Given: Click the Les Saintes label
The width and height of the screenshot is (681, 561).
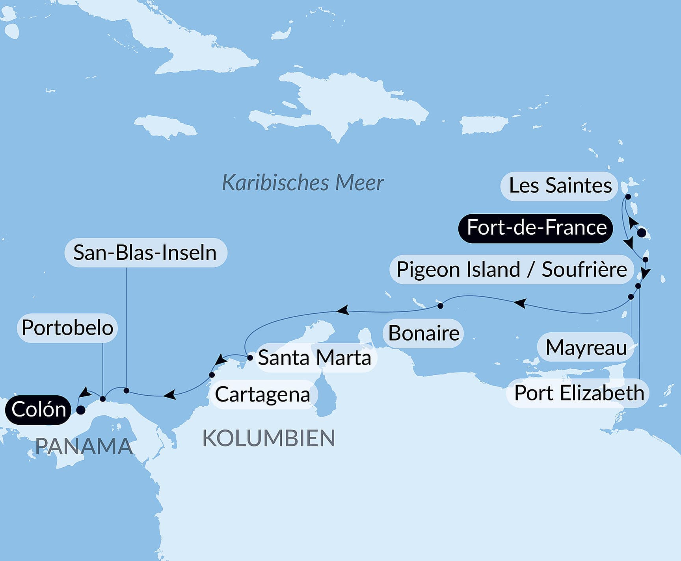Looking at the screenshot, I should [x=560, y=186].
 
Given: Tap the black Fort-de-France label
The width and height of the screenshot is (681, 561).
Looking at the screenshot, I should [x=536, y=228].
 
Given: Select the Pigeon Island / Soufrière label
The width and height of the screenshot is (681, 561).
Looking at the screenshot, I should [x=511, y=270].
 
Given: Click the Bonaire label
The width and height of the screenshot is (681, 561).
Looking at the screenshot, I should [x=423, y=333].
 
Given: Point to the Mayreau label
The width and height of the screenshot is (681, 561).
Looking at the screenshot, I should [x=586, y=348].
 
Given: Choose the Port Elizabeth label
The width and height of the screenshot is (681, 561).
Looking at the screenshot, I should [x=579, y=393].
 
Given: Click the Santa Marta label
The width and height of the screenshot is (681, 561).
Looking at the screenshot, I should [x=314, y=358].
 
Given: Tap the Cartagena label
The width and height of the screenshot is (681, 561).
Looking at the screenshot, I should [x=262, y=394].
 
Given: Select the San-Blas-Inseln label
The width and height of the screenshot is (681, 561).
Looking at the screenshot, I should [x=145, y=253].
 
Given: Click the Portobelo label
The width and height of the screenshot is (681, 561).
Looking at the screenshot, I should [x=67, y=328].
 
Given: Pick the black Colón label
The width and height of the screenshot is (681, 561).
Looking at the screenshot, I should [x=38, y=410].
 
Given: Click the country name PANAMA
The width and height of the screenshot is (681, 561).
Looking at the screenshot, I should [x=84, y=446].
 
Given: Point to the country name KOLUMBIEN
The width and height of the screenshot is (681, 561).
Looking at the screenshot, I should [x=268, y=438].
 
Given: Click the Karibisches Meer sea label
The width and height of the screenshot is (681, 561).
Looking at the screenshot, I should [x=302, y=183].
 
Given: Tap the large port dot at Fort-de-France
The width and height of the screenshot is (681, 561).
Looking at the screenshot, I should [x=642, y=233].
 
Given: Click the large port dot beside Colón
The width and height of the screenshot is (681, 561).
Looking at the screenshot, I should [x=80, y=410].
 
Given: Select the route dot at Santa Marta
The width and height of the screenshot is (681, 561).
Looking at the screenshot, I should [x=250, y=358].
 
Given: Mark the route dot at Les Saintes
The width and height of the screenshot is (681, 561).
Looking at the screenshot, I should [x=628, y=196].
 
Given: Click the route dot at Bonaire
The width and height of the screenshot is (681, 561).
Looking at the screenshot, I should [x=441, y=306].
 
